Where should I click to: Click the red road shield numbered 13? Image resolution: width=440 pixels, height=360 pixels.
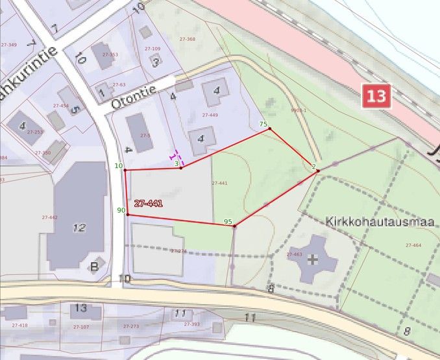pyautogui.click(x=376, y=97)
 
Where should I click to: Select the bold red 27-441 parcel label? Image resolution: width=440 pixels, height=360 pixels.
pyautogui.click(x=148, y=204)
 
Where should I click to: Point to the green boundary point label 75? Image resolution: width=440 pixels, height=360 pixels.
pyautogui.click(x=263, y=123)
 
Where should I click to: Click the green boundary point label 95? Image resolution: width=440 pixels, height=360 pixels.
pyautogui.click(x=228, y=222)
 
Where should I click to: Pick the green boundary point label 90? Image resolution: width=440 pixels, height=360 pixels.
pyautogui.click(x=121, y=210)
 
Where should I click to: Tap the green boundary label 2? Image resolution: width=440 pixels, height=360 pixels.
pyautogui.click(x=313, y=167)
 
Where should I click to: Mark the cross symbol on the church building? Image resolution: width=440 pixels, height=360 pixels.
pyautogui.click(x=313, y=259)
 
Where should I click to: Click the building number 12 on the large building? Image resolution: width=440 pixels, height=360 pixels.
pyautogui.click(x=79, y=228)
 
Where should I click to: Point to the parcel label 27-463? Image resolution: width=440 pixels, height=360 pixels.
pyautogui.click(x=294, y=254)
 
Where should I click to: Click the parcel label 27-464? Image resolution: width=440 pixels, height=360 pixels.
pyautogui.click(x=413, y=245)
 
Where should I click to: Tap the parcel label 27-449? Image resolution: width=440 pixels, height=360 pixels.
pyautogui.click(x=210, y=115)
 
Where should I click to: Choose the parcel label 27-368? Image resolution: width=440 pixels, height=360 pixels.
pyautogui.click(x=187, y=39)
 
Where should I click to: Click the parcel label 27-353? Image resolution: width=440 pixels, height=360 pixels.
pyautogui.click(x=112, y=54)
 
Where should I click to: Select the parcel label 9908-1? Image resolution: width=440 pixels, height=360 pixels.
pyautogui.click(x=299, y=111)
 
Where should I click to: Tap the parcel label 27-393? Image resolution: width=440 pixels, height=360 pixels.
pyautogui.click(x=191, y=324)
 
